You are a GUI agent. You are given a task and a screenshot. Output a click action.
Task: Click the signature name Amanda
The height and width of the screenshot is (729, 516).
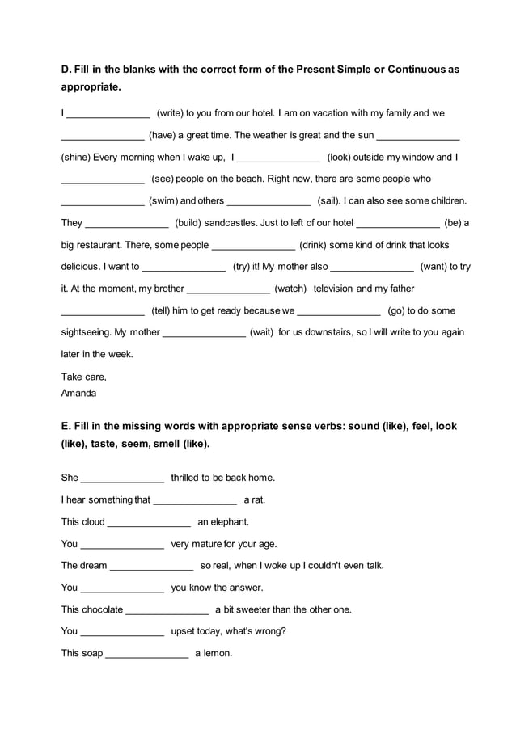(78, 393)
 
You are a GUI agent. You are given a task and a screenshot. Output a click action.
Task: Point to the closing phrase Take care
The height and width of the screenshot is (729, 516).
(83, 377)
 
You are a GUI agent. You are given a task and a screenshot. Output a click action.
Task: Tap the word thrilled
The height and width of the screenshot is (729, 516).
(188, 478)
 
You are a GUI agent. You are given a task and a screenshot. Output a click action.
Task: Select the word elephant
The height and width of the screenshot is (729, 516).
(229, 522)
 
